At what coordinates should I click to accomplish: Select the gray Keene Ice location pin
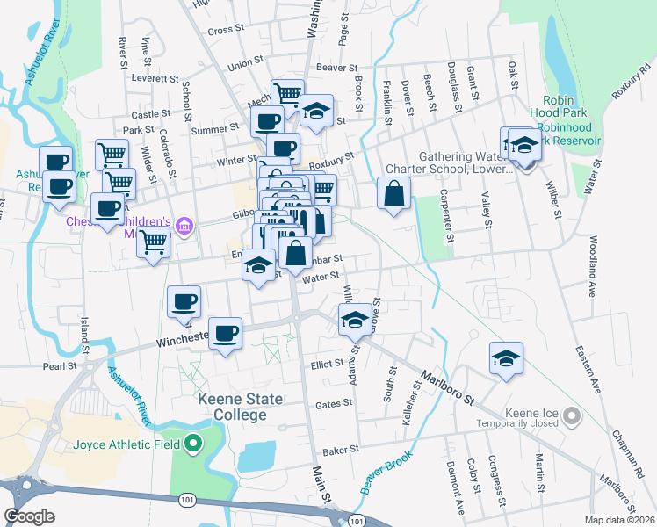tap(573, 415)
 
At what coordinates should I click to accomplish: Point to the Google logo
tap(30, 516)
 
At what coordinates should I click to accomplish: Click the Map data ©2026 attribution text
tap(619, 520)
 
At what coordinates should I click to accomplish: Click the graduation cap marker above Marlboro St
tap(506, 357)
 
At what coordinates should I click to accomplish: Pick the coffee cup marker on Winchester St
tap(226, 333)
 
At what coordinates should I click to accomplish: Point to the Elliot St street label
tap(325, 363)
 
